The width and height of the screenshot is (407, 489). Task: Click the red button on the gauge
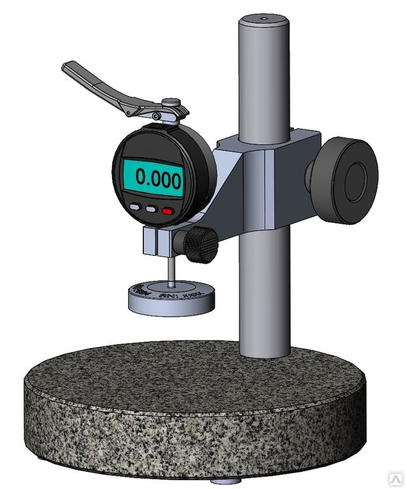coord(168,209)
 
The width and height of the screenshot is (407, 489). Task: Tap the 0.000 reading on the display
coord(152,179)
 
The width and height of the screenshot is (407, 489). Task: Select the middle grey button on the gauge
coord(152,208)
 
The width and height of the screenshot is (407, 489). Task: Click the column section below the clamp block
coord(262,293)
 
